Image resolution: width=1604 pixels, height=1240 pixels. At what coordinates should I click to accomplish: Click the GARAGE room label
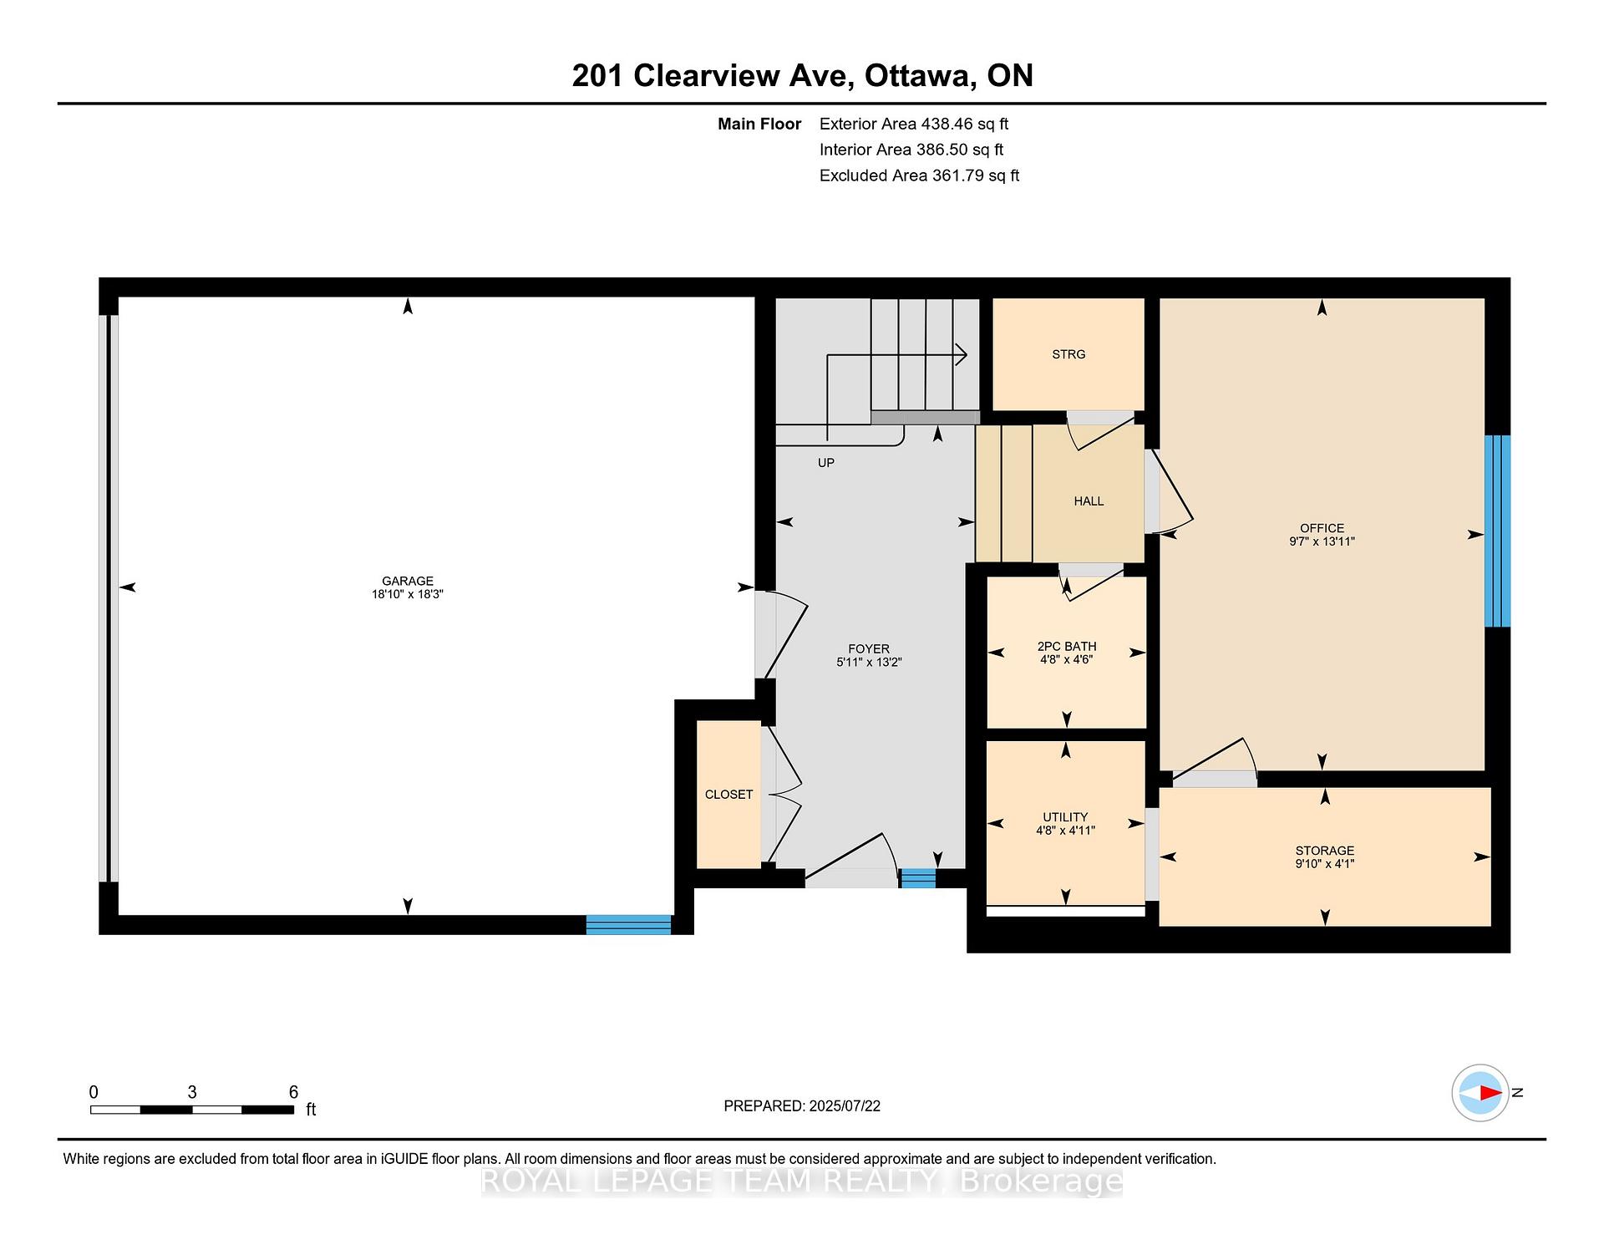tap(408, 581)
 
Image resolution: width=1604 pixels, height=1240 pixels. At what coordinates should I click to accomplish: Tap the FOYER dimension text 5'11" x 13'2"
tap(869, 662)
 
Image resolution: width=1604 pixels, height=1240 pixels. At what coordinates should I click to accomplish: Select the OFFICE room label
tap(1322, 528)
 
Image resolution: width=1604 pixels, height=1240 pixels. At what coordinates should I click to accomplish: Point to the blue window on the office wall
tap(1497, 531)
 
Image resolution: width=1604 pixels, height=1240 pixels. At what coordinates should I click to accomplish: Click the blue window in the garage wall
tap(628, 924)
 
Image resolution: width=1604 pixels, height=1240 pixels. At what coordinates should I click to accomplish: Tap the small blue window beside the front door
tap(917, 877)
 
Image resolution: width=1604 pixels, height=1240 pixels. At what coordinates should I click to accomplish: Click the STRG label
tap(1068, 354)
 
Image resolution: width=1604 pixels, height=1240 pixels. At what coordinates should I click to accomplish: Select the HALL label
tap(1089, 501)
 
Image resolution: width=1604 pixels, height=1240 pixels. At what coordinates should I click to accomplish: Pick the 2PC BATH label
tap(1067, 646)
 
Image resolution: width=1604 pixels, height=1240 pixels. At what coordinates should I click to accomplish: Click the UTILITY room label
tap(1065, 817)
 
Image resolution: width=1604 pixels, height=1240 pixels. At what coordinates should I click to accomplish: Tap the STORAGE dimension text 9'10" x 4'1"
tap(1324, 864)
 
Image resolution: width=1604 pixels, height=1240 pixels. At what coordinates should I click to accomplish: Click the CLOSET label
tap(728, 795)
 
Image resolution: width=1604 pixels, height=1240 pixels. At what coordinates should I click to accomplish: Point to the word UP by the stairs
tap(826, 463)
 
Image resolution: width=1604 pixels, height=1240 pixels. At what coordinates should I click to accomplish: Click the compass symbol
tap(1480, 1092)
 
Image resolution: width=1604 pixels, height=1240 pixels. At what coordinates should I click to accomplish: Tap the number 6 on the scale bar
tap(293, 1092)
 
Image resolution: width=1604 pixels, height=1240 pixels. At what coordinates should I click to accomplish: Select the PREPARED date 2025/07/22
tap(845, 1106)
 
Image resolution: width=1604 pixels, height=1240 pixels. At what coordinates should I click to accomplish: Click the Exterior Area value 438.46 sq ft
tap(964, 124)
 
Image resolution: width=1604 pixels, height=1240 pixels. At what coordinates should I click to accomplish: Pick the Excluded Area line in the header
tap(919, 175)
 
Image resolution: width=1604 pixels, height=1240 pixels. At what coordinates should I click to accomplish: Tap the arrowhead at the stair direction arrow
tap(962, 354)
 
